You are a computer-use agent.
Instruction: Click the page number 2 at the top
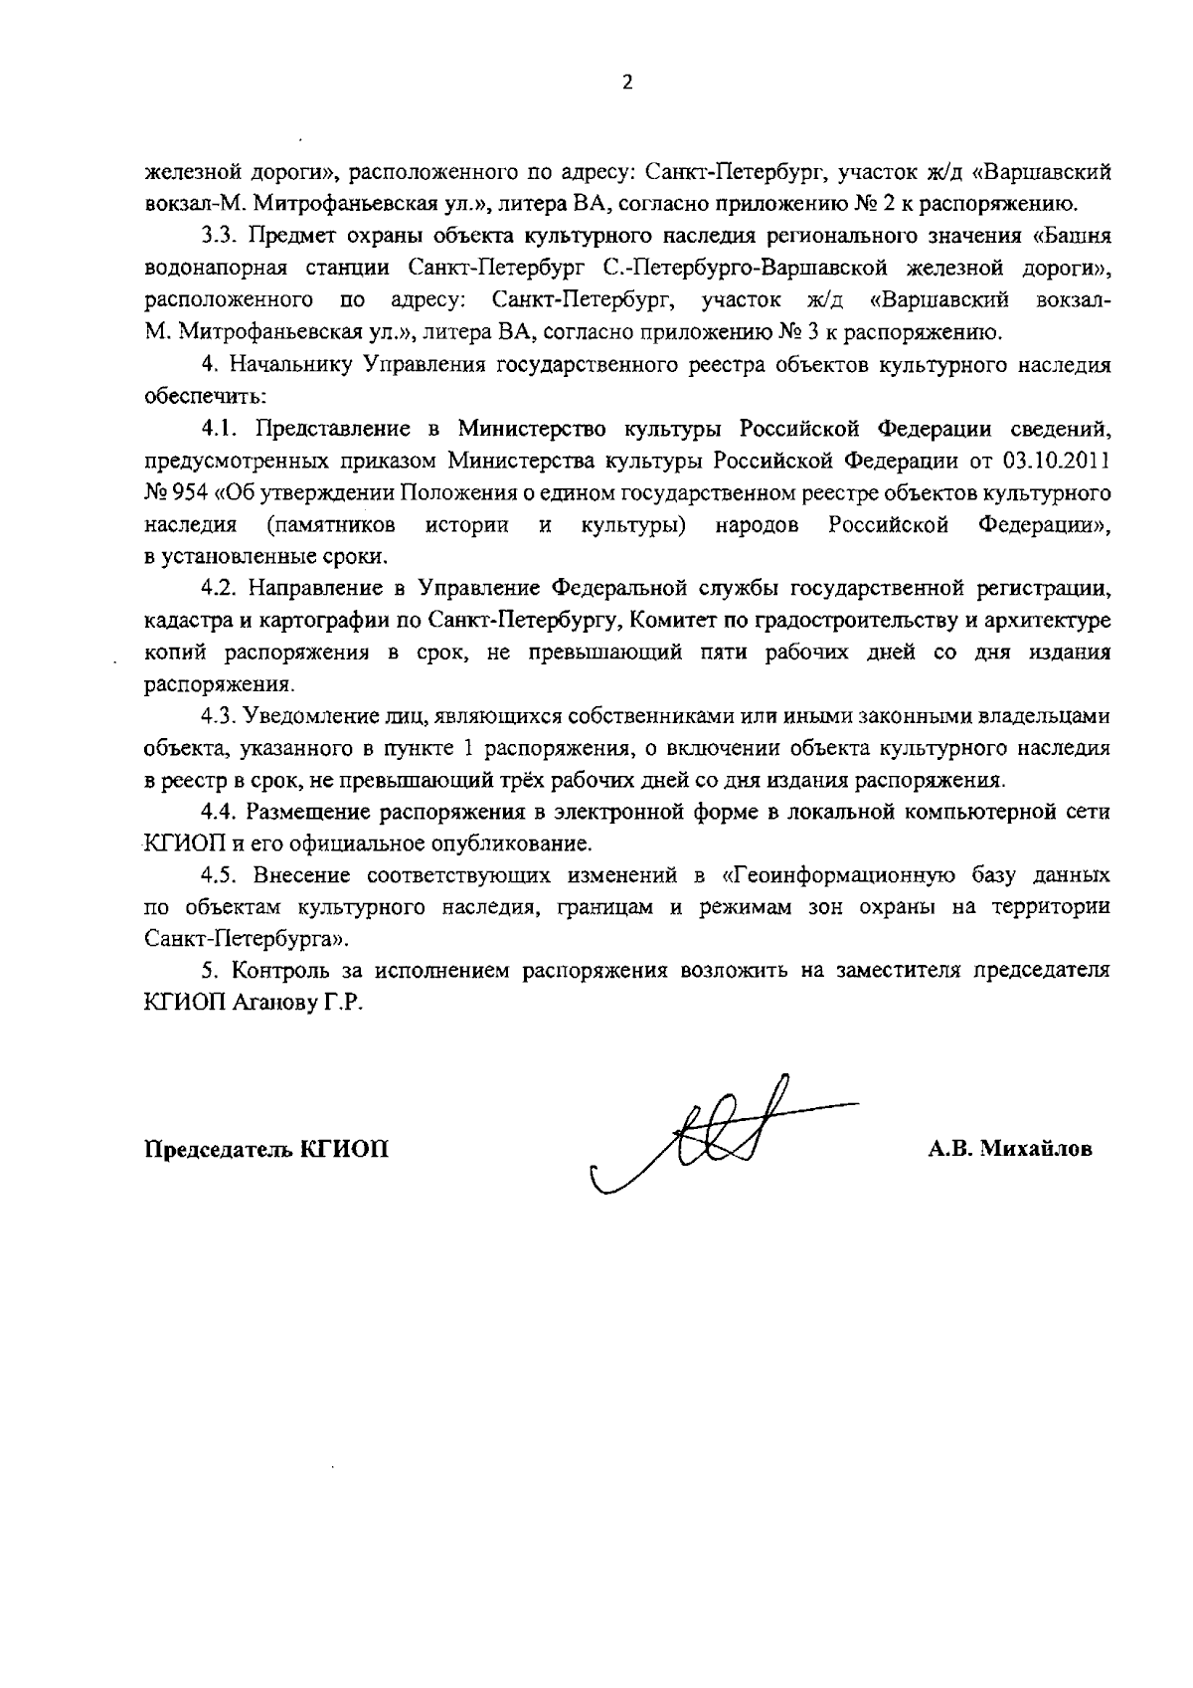[626, 84]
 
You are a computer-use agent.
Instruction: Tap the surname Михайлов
[1036, 1150]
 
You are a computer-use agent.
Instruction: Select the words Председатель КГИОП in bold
[267, 1150]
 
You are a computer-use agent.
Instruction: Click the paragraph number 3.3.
[218, 237]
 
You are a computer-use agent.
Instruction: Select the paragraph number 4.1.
[218, 429]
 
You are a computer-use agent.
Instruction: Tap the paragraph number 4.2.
[218, 589]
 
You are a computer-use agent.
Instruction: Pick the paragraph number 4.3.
[218, 716]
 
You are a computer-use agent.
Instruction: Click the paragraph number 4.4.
[218, 812]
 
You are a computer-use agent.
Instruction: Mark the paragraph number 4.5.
[218, 875]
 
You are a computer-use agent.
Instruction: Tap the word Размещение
[309, 812]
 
